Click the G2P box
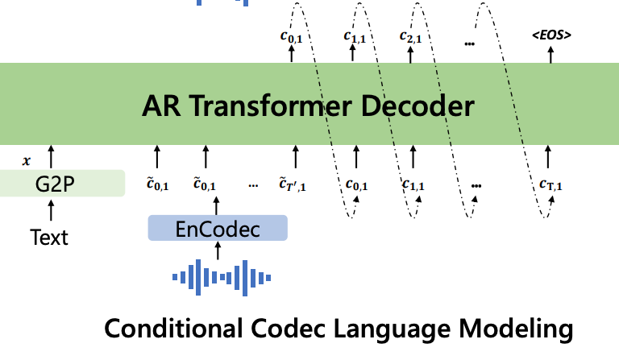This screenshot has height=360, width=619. point(62,184)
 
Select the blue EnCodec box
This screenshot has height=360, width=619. point(218,228)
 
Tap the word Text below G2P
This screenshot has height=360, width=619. point(49,238)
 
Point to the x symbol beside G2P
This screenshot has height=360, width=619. point(27,161)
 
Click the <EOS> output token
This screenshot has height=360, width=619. point(551,35)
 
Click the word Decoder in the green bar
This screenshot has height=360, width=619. point(418,106)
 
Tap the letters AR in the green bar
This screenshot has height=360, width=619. point(161,106)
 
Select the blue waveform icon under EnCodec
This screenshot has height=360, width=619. point(222,278)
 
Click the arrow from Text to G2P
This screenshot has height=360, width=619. point(51,210)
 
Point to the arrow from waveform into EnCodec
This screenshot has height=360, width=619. point(218,250)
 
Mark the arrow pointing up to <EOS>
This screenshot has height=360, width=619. point(550,55)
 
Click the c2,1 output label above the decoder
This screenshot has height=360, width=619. point(410,37)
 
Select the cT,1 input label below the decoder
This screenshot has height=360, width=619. point(550,184)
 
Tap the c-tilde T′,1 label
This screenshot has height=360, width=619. point(292,184)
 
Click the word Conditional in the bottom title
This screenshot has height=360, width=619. point(173,329)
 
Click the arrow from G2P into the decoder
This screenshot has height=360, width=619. point(51,156)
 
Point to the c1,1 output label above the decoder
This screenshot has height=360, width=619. point(355,37)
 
